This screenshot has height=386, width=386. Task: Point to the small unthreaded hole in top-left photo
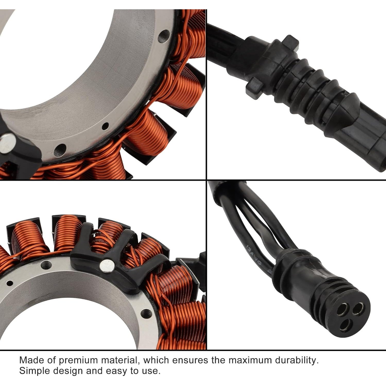click(105, 126)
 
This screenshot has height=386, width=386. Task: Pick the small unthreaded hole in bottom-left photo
click(10, 283)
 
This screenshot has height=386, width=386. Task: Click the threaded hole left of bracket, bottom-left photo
click(46, 264)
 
